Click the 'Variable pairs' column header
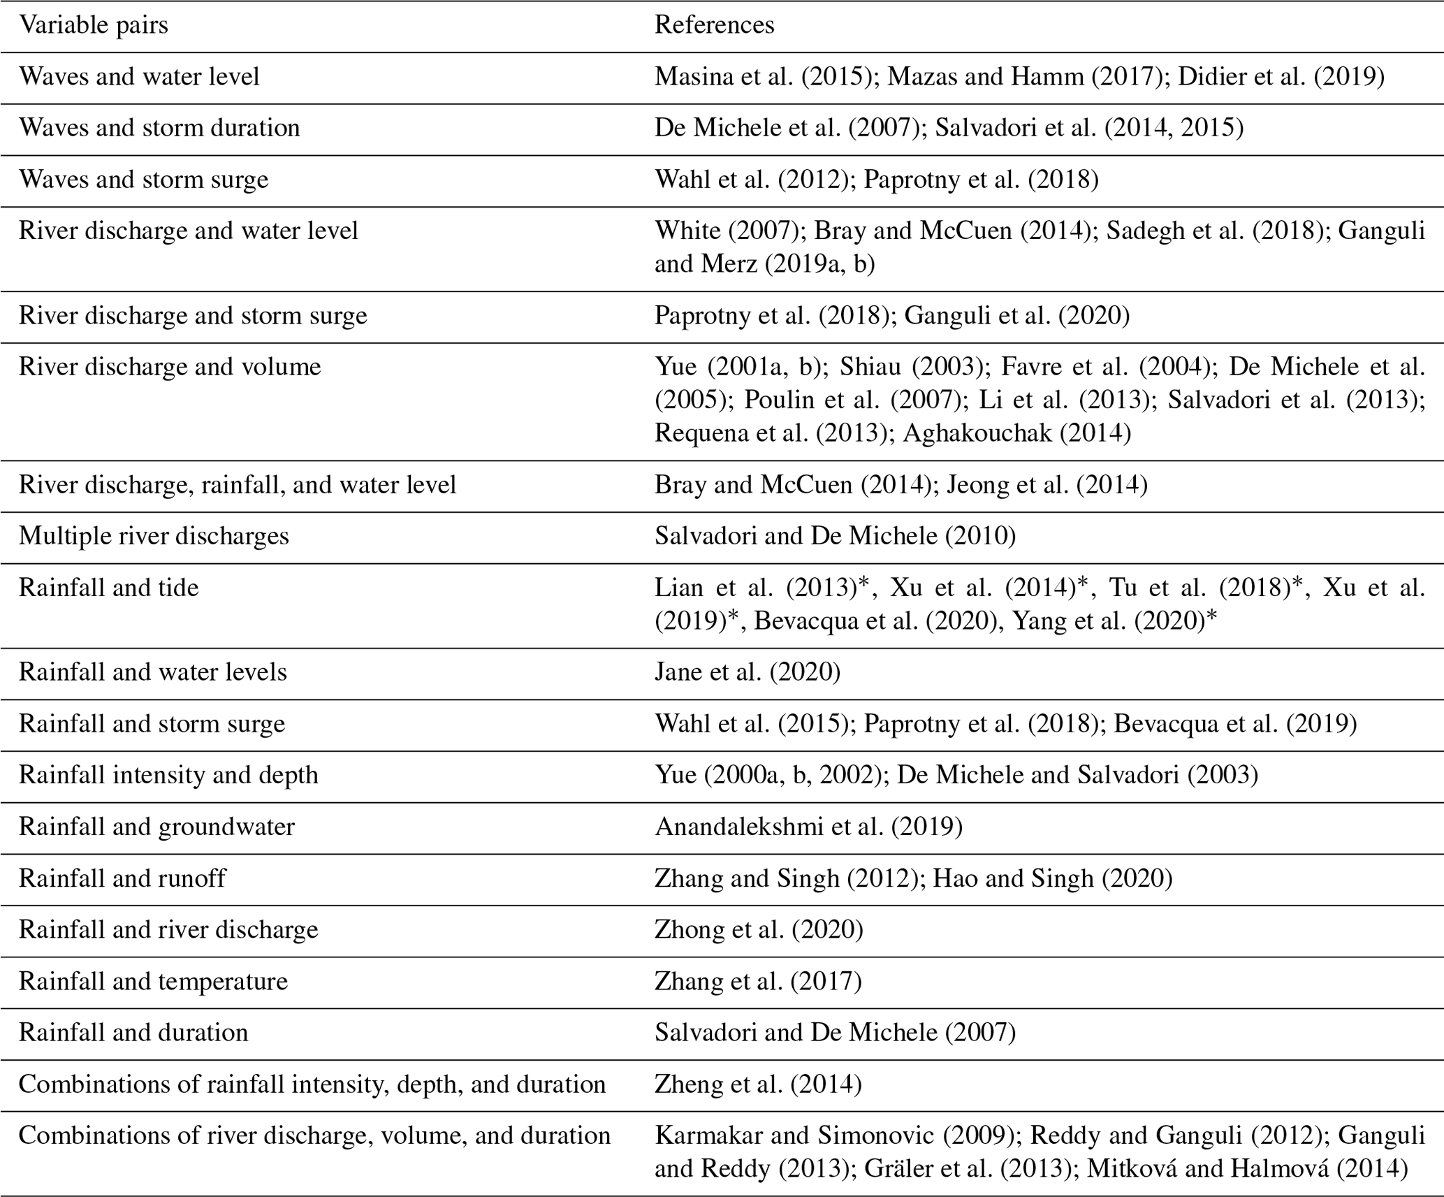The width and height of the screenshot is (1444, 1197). (94, 26)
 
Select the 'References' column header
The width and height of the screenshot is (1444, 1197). (714, 26)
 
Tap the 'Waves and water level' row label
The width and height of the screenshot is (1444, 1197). (139, 77)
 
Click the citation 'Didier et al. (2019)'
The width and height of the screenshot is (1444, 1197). (1281, 77)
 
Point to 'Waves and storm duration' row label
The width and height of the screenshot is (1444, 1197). (159, 129)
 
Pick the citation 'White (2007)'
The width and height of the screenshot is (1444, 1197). (727, 231)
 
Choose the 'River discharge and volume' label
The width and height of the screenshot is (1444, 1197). (170, 367)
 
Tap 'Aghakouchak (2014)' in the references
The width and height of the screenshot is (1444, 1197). (1016, 433)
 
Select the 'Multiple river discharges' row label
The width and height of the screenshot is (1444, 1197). (154, 536)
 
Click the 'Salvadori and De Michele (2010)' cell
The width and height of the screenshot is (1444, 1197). (835, 536)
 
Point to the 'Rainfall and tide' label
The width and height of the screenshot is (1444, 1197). (108, 588)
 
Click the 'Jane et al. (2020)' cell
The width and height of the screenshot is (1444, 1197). (747, 672)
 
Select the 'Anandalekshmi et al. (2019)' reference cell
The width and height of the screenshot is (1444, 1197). (808, 827)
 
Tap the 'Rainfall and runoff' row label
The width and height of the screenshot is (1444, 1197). (122, 878)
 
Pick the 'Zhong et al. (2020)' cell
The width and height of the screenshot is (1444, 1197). (759, 930)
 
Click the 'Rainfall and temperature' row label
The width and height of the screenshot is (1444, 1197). (153, 982)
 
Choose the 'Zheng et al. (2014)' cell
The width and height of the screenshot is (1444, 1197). (758, 1084)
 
